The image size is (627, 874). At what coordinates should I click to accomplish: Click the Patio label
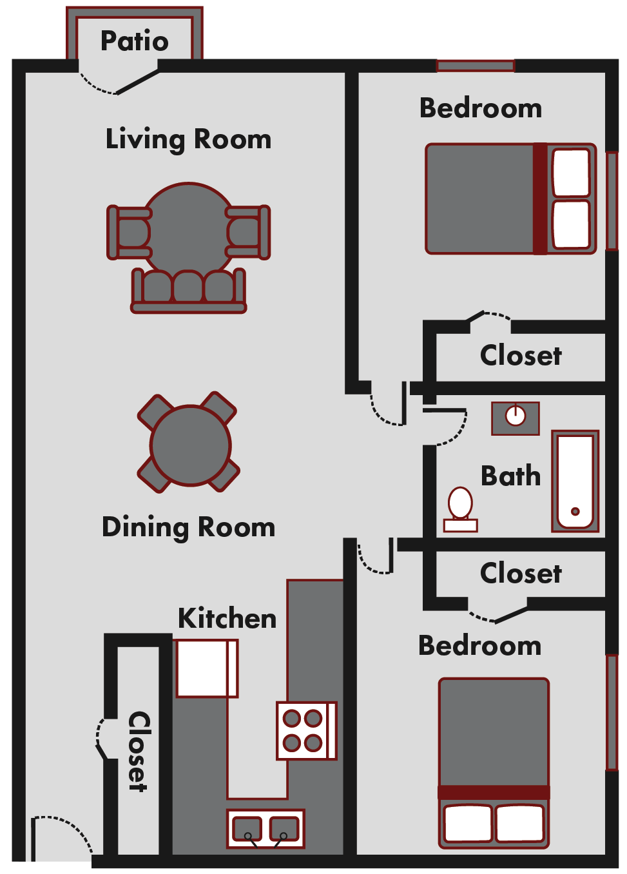coord(134,41)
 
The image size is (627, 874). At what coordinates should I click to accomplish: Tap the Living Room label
coord(188,139)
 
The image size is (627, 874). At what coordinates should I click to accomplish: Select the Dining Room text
coord(188,527)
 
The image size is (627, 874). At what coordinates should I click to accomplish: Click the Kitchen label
coord(227,619)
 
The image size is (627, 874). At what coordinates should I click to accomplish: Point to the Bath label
coord(510,476)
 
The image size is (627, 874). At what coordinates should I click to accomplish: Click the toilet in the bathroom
coord(460,509)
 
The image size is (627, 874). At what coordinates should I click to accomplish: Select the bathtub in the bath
coord(575,481)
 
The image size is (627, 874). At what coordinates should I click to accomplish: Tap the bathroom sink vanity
coord(515,418)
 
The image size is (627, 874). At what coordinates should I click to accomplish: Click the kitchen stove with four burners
coord(306,731)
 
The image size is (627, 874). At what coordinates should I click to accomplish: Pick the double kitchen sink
coord(265,828)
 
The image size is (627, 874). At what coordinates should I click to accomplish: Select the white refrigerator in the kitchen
coord(206,668)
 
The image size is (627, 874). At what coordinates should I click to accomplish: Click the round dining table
coord(190,445)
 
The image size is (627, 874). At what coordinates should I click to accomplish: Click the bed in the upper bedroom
coord(510,199)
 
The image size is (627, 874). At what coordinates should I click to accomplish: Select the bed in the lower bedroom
coord(494,762)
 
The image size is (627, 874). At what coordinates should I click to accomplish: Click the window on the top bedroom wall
coord(475,66)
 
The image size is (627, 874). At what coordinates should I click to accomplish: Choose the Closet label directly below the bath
coord(521,574)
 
